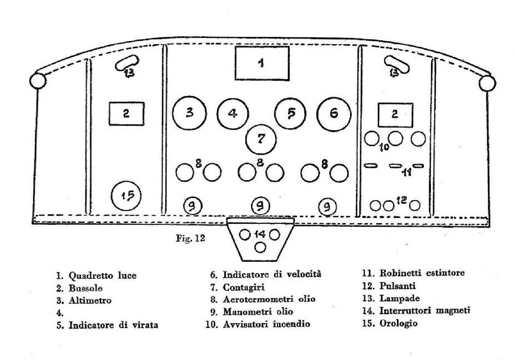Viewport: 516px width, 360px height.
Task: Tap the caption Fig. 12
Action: click(190, 238)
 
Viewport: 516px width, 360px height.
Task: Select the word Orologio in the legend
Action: click(398, 323)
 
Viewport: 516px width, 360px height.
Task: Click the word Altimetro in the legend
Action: click(90, 301)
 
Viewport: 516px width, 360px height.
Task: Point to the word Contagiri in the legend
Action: click(244, 287)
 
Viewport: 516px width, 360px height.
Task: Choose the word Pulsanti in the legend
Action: click(397, 286)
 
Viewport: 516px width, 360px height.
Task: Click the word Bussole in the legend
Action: click(86, 288)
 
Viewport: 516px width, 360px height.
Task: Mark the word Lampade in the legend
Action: click(399, 299)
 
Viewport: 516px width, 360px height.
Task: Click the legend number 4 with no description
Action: click(60, 313)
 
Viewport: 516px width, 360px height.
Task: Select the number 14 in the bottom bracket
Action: click(260, 234)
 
